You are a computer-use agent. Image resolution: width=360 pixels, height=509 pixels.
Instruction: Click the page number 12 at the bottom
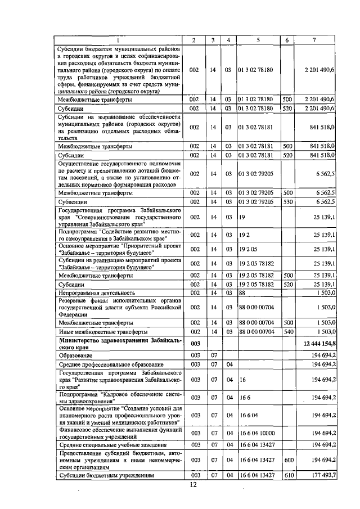(x=192, y=485)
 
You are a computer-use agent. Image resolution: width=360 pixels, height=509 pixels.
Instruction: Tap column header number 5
(x=258, y=40)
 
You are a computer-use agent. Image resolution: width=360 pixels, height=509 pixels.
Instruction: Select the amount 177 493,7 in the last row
(x=323, y=475)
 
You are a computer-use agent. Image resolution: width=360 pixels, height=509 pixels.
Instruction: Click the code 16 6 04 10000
(x=257, y=433)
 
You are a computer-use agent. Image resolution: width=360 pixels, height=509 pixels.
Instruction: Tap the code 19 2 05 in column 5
(x=247, y=249)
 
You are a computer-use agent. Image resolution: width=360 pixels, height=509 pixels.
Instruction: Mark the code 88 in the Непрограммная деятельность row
(x=242, y=292)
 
